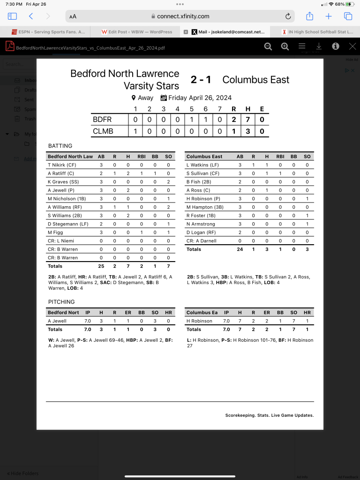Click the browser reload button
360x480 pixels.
288,16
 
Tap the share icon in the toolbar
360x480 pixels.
309,16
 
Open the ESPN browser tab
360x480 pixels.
47,32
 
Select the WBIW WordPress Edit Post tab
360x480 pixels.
137,32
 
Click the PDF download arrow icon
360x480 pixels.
319,46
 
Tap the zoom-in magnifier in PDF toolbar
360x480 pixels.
285,46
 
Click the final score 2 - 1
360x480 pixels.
200,80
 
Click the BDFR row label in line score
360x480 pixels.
103,120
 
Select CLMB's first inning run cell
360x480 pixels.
135,131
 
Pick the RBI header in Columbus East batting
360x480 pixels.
281,157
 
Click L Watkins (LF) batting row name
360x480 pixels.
202,165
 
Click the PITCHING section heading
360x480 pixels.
61,302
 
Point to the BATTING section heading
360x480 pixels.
60,146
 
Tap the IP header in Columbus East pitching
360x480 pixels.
226,313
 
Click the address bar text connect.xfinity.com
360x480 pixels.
183,16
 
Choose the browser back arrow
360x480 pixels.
31,16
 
